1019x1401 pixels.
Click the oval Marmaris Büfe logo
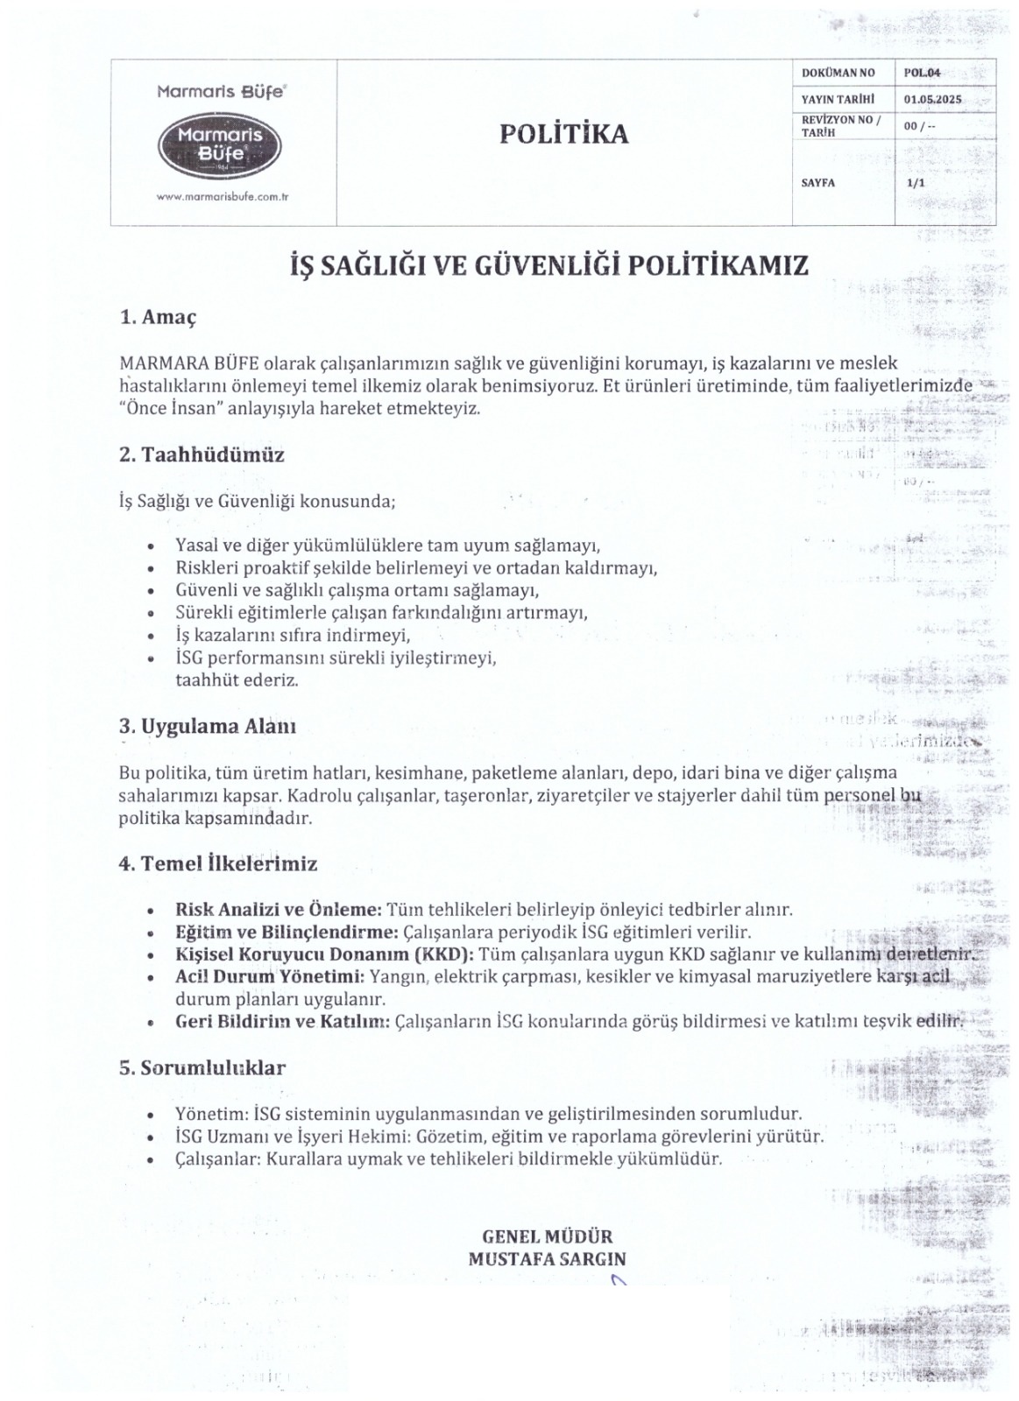pyautogui.click(x=219, y=143)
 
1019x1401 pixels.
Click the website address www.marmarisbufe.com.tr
pyautogui.click(x=223, y=197)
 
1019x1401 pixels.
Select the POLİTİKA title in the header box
pyautogui.click(x=564, y=134)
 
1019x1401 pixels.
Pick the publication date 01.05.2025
pyautogui.click(x=931, y=99)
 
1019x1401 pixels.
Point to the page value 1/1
pyautogui.click(x=916, y=182)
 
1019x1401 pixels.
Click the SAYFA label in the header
pyautogui.click(x=818, y=182)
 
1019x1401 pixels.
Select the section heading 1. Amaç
pyautogui.click(x=158, y=316)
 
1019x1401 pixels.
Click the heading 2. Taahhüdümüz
pyautogui.click(x=202, y=454)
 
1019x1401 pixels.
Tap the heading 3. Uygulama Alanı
pyautogui.click(x=207, y=726)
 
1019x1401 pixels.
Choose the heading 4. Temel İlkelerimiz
pyautogui.click(x=217, y=863)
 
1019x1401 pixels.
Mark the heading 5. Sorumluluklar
pyautogui.click(x=202, y=1068)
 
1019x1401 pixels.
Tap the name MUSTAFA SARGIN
pyautogui.click(x=548, y=1259)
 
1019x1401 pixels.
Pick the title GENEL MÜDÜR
pyautogui.click(x=548, y=1237)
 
